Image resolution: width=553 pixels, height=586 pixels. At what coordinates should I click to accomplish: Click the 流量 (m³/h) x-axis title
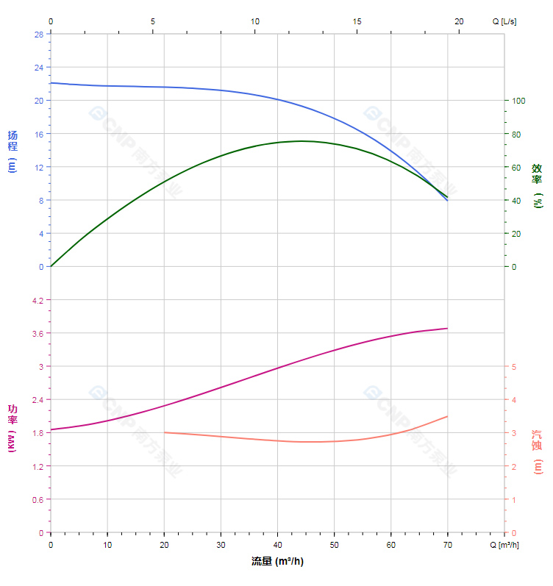click(x=277, y=562)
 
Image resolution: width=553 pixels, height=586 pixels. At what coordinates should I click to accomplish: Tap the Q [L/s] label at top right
click(x=504, y=21)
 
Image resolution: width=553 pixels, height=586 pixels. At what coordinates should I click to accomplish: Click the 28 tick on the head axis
click(x=38, y=34)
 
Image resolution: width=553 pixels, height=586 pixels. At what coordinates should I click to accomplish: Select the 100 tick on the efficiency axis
click(x=518, y=101)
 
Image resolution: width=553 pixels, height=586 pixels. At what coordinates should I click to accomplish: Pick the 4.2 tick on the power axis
click(x=38, y=300)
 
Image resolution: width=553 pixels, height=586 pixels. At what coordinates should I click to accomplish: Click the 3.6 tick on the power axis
click(x=38, y=333)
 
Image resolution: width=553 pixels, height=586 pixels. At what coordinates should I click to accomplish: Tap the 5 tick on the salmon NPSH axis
click(x=514, y=367)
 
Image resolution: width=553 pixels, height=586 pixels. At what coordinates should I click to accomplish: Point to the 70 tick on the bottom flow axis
click(x=447, y=545)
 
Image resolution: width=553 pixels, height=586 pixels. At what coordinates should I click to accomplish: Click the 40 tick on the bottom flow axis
click(x=277, y=545)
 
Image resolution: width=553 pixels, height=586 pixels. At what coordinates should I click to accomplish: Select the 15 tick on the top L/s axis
click(x=357, y=21)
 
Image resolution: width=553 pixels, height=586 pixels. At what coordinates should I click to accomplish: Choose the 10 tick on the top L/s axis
click(x=254, y=21)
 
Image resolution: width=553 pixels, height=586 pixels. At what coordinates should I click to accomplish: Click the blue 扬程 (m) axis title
click(x=12, y=151)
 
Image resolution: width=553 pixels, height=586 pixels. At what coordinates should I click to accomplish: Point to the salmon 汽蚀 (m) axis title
click(x=538, y=451)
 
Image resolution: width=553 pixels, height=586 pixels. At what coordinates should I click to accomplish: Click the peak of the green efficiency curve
click(x=302, y=141)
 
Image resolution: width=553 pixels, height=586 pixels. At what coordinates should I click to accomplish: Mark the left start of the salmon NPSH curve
click(x=164, y=432)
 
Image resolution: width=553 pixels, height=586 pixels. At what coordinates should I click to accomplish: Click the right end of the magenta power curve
click(x=447, y=328)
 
